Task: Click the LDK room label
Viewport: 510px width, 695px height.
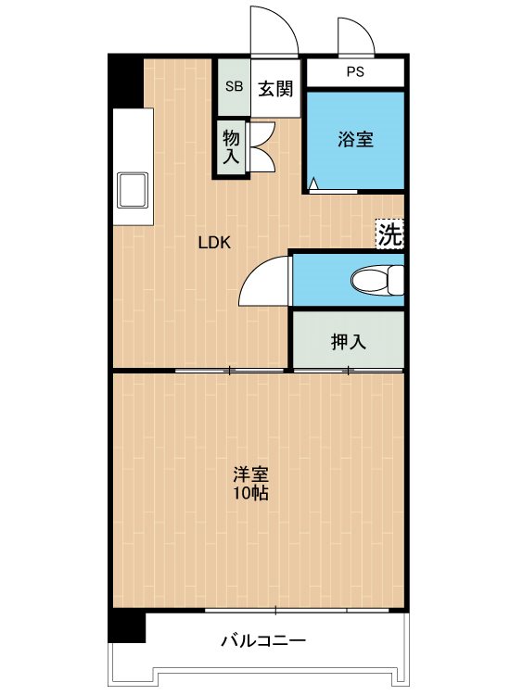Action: coord(214,243)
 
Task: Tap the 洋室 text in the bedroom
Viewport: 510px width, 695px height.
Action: coord(251,474)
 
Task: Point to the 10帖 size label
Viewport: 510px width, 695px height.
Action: coord(251,492)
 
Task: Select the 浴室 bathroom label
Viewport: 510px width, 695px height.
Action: coord(355,139)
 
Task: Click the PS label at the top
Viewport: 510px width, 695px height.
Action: coord(355,71)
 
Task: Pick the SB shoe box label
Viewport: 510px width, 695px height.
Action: coord(235,86)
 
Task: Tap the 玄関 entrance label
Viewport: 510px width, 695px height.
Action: coord(275,89)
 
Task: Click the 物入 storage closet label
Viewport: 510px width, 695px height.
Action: coord(231,147)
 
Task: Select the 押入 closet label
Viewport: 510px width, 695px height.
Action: coord(349,342)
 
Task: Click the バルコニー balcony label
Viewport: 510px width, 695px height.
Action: coord(263,640)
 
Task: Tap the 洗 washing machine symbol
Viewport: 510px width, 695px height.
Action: coord(389,234)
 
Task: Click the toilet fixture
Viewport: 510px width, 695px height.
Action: coord(377,280)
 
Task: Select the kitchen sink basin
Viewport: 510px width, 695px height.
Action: coord(132,190)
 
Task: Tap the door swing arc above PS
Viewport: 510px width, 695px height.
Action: coord(356,36)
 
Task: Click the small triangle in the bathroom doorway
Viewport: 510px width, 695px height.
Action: coord(313,184)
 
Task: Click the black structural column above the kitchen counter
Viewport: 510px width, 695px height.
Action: coord(126,81)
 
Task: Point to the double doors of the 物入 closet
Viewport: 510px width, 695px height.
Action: coord(262,147)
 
